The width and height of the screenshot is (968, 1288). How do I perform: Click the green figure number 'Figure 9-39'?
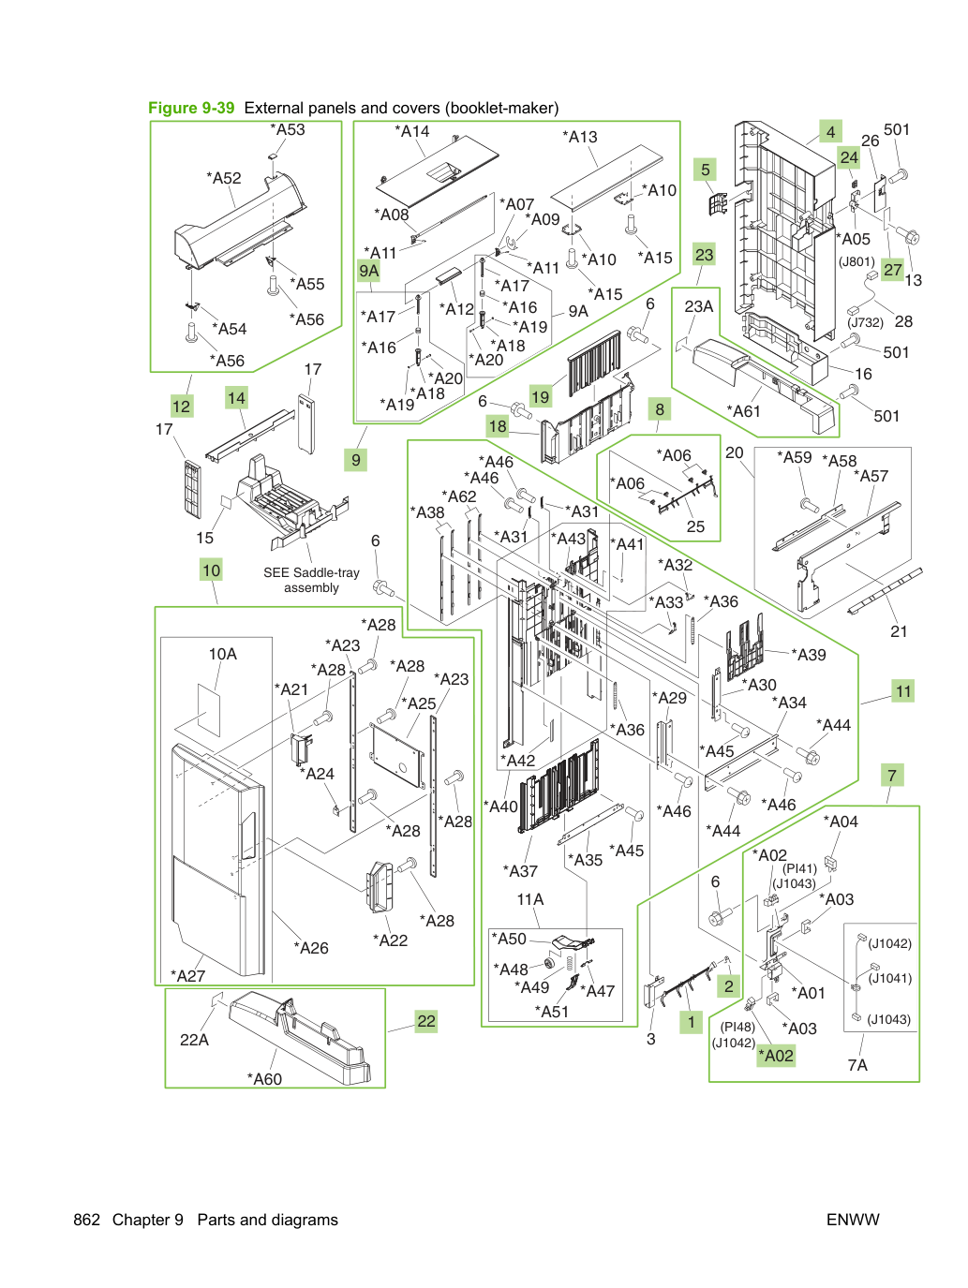tap(191, 108)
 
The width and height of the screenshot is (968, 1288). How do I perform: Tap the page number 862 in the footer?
tap(86, 1220)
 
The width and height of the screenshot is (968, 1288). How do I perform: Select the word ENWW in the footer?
tap(853, 1220)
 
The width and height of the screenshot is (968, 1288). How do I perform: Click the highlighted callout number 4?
tap(830, 132)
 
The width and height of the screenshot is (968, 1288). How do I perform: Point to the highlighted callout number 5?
tap(705, 170)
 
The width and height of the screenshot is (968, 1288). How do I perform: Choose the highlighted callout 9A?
tap(368, 271)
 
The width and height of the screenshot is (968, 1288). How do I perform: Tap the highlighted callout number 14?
tap(236, 398)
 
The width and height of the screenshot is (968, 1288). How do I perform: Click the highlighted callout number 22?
tap(426, 1021)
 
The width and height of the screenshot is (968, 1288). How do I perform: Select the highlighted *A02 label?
tap(776, 1055)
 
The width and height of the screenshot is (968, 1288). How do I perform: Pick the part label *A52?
tap(224, 178)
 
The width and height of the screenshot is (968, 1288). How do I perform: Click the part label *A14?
tap(412, 131)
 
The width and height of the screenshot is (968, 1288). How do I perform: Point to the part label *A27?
tap(187, 976)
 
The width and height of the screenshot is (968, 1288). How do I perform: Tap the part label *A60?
tap(264, 1078)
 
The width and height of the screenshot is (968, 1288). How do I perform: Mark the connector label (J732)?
tap(865, 322)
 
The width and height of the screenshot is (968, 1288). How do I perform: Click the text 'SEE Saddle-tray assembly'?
tap(311, 580)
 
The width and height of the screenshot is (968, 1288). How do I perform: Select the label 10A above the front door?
tap(222, 654)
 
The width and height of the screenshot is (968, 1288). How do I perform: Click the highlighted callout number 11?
tap(903, 690)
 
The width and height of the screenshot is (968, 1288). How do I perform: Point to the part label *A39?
tap(809, 654)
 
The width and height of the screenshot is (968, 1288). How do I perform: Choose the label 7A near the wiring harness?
tap(857, 1064)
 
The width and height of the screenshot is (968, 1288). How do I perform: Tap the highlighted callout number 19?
tap(540, 396)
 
